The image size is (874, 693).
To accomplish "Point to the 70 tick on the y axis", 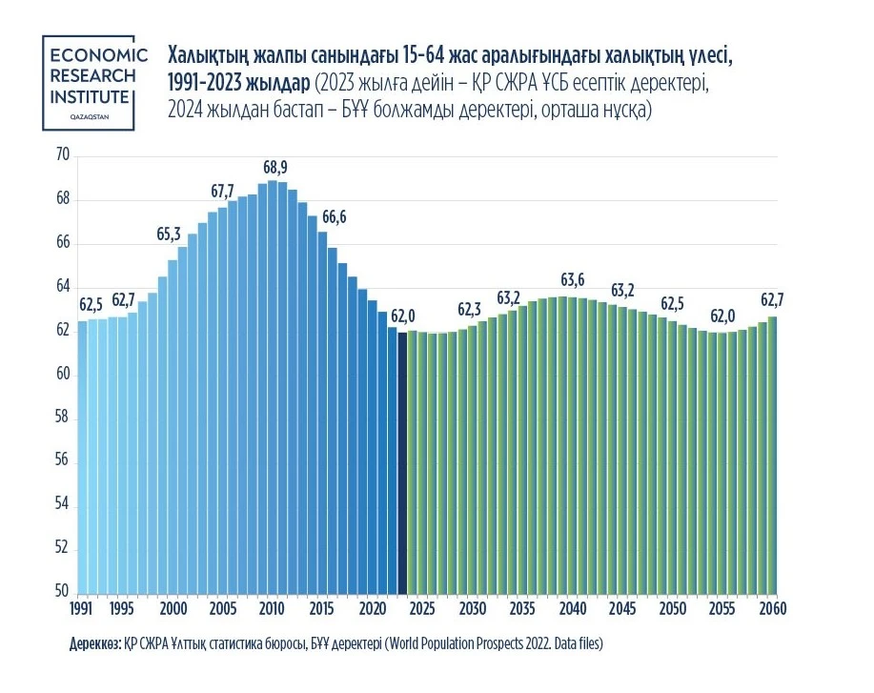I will (63, 155).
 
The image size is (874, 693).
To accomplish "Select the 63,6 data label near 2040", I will (572, 280).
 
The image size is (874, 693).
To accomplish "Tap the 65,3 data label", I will (169, 234).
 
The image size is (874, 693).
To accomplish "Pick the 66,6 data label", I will (334, 216).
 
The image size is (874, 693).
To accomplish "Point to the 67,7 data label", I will (223, 191).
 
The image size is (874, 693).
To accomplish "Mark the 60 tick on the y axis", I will (63, 374).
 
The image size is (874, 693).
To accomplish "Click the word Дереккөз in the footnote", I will (93, 643).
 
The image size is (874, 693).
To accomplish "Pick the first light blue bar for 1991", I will (83, 458).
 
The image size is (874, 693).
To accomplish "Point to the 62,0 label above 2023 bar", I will (403, 316).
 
